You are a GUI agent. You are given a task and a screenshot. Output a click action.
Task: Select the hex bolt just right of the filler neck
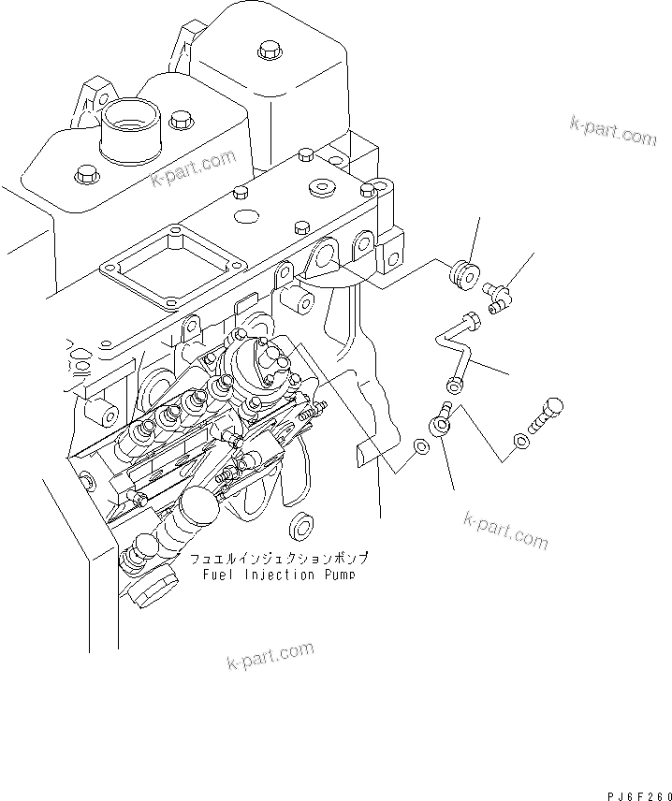[178, 120]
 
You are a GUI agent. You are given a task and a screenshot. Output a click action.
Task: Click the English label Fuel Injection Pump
[279, 575]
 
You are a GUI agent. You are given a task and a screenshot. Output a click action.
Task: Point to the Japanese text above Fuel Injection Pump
[278, 559]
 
